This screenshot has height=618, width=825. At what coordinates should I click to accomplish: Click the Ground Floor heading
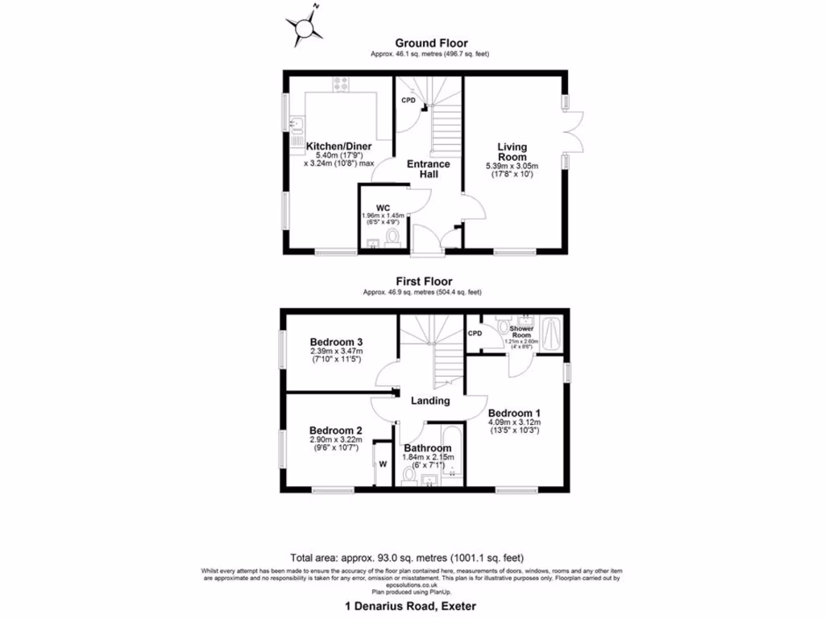coord(430,43)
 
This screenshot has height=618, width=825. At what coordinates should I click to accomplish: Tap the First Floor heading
coord(422,282)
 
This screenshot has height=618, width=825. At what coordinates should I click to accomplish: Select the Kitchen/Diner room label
coord(339,146)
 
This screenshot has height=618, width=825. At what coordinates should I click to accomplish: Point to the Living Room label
coord(512,151)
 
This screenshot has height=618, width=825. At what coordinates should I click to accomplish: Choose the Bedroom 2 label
coord(336,430)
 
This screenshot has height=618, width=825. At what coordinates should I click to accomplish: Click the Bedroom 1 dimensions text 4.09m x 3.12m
coord(514,422)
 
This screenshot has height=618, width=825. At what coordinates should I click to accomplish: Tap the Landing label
coord(429,401)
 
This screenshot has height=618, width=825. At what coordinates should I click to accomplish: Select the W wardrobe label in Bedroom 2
coord(383,464)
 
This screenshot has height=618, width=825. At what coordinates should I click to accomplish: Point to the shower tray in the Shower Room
coord(551,332)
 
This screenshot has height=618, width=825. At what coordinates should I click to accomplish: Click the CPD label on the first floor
coord(475,333)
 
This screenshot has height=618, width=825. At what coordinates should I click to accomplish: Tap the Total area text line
coord(407,556)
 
